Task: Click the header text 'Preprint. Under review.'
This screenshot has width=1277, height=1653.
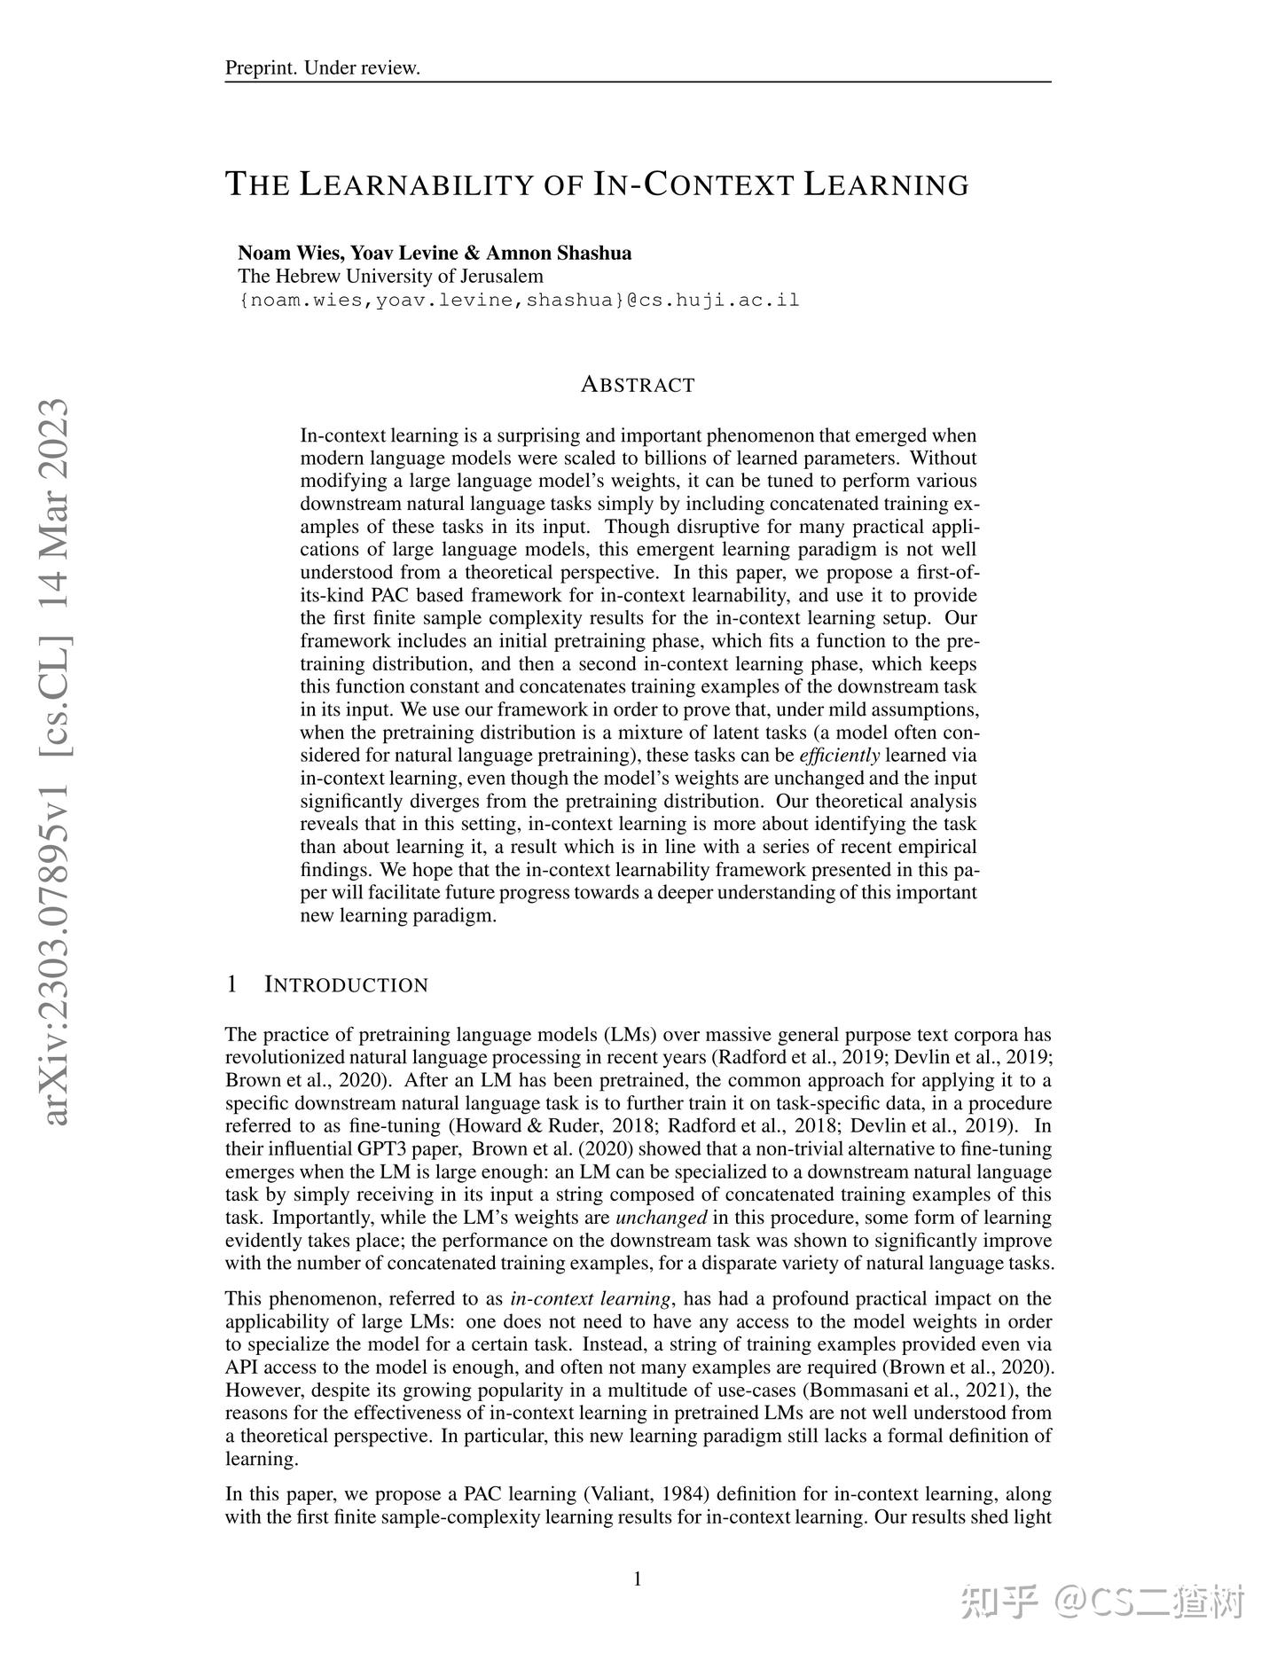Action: (x=322, y=68)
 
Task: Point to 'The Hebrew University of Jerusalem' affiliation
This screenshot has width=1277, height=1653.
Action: (x=391, y=276)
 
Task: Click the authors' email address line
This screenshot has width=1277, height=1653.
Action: (x=519, y=300)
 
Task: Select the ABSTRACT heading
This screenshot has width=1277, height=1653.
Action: (x=638, y=385)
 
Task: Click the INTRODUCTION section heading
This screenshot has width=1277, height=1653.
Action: (x=347, y=984)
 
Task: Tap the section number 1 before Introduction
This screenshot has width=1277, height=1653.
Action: (x=231, y=984)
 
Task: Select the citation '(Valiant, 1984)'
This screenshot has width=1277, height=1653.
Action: (x=646, y=1493)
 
